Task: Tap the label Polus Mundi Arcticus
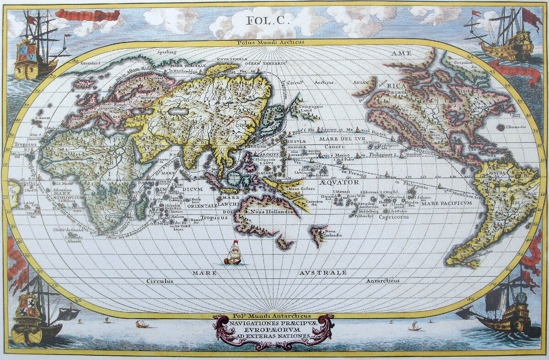click(x=264, y=43)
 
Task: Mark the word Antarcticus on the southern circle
click(x=382, y=280)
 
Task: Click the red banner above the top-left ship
click(x=87, y=16)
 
